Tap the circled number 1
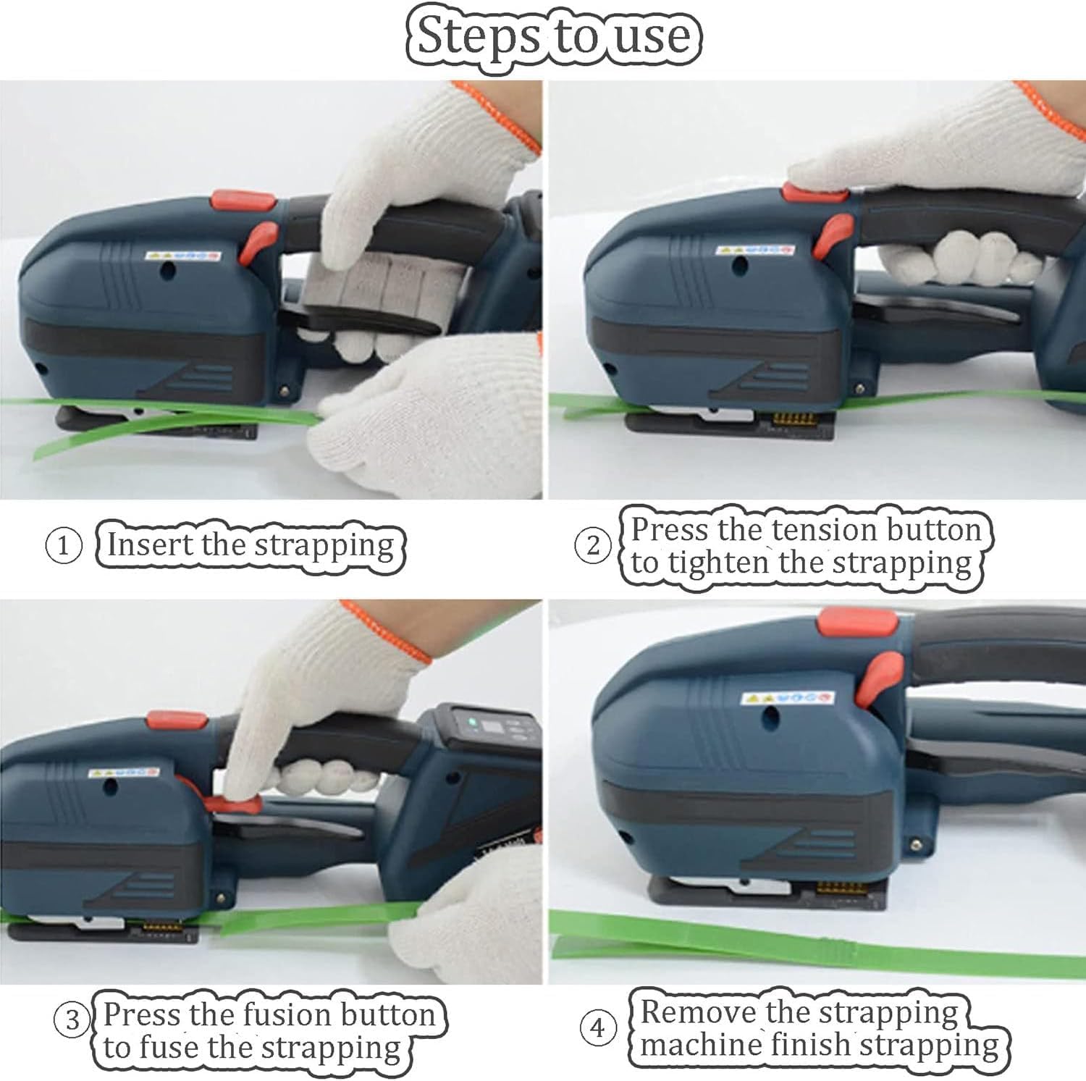pyautogui.click(x=63, y=545)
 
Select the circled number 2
pyautogui.click(x=593, y=545)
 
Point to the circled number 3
pyautogui.click(x=72, y=1020)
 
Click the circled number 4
pyautogui.click(x=597, y=1027)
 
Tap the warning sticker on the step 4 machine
pyautogui.click(x=788, y=698)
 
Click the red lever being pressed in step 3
pyautogui.click(x=233, y=805)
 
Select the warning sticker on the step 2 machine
pyautogui.click(x=752, y=250)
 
